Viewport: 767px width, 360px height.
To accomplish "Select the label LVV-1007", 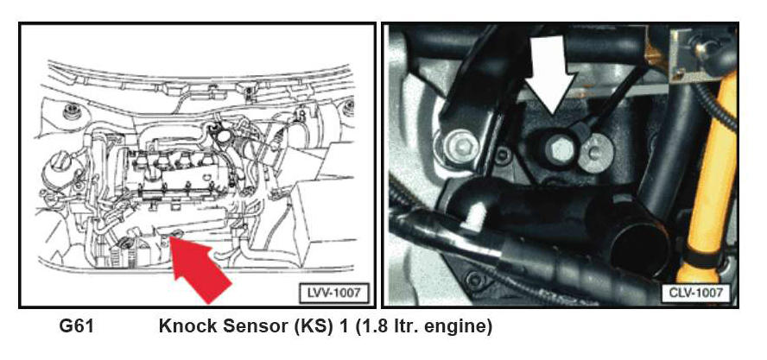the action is [x=333, y=293].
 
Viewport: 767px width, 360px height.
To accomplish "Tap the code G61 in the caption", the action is [x=76, y=326].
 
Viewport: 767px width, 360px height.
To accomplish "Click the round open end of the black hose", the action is [x=635, y=243].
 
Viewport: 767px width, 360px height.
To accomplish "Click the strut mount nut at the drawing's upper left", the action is [x=72, y=111].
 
